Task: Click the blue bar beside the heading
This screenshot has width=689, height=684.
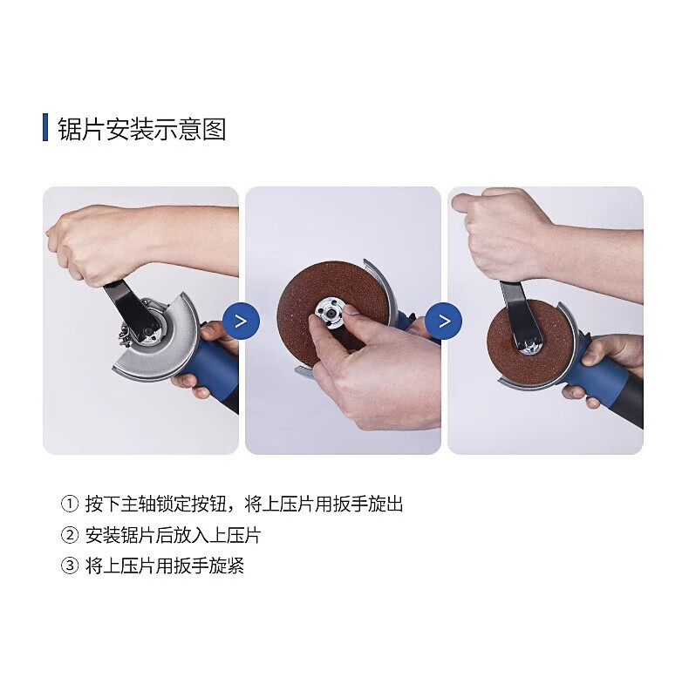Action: (45, 127)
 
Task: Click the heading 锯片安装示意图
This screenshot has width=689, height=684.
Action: (142, 129)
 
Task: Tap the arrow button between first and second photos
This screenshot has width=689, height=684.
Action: (241, 321)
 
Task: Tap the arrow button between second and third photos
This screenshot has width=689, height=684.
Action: (444, 321)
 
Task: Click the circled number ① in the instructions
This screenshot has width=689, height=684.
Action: (70, 504)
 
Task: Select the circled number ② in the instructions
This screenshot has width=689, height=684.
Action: (70, 535)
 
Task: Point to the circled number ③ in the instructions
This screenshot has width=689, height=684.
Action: (70, 565)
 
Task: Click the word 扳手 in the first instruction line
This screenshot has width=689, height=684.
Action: (351, 504)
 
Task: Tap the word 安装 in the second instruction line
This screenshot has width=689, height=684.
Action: (102, 535)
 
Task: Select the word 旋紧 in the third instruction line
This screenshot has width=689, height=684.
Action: (226, 565)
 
